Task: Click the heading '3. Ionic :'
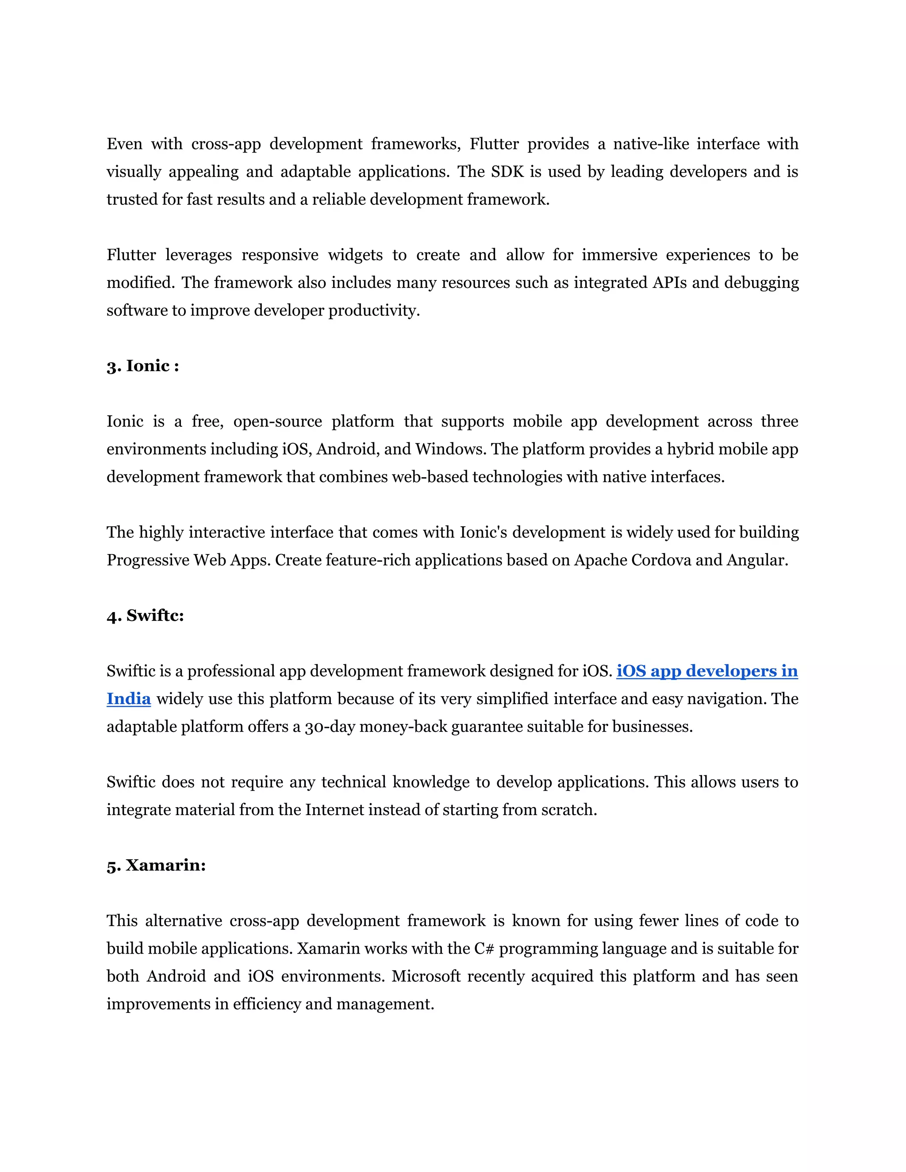(143, 366)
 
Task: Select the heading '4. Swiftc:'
(145, 616)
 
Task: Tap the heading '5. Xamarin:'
(156, 866)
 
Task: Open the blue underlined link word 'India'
(128, 699)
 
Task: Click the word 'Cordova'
(661, 560)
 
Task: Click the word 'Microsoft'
(426, 976)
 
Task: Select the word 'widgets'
(355, 255)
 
